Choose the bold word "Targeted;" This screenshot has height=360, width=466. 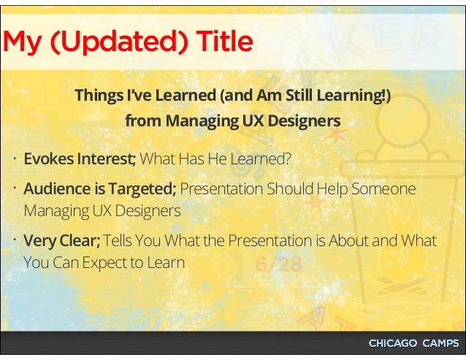142,189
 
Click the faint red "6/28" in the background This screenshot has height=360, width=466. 278,265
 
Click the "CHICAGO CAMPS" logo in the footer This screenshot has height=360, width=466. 413,344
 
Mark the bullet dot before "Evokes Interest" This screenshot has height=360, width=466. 15,158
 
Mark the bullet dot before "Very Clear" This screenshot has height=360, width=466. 15,240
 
